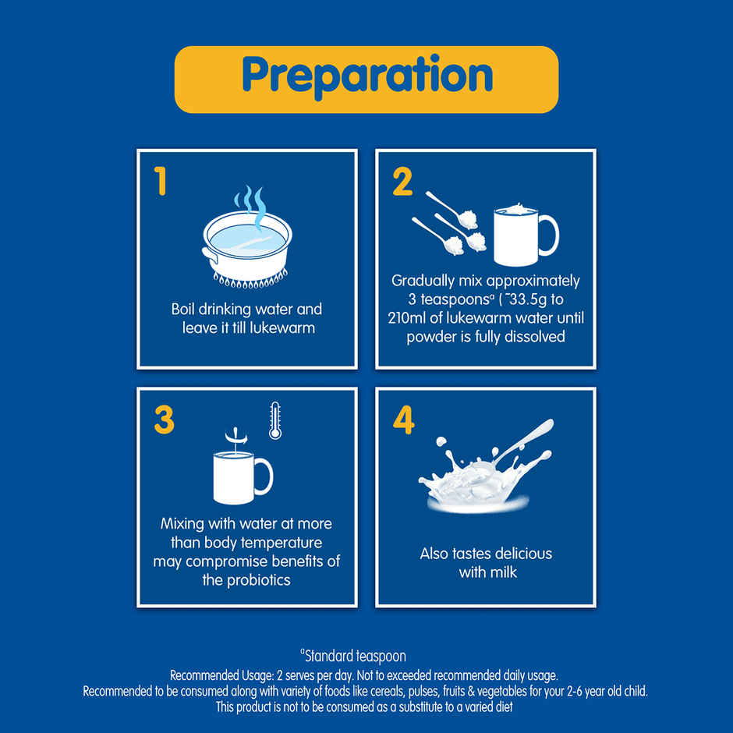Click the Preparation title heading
[366, 76]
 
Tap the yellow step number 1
[161, 182]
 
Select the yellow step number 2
[402, 182]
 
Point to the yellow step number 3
[164, 420]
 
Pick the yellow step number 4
[403, 420]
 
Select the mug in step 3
[235, 476]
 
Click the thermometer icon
[274, 420]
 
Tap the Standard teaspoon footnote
[352, 657]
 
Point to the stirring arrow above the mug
[232, 434]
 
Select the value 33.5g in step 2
[530, 299]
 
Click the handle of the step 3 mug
[264, 476]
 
